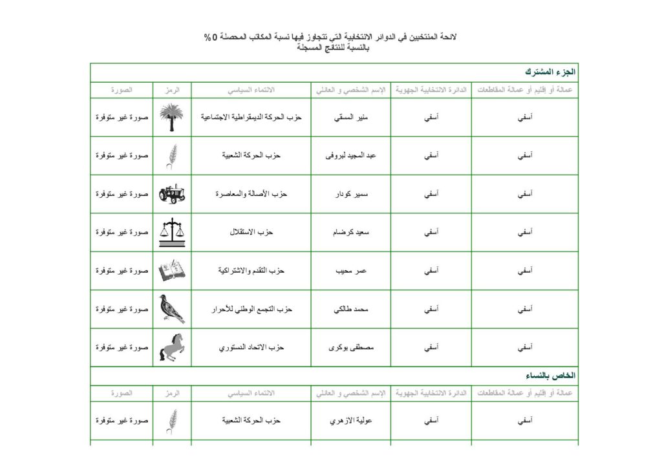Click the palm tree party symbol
(x=171, y=117)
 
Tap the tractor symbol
(x=171, y=193)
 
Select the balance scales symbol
(x=171, y=232)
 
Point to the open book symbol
(x=171, y=270)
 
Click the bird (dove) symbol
(x=171, y=309)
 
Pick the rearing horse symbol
(x=171, y=347)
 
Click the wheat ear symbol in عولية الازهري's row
(x=172, y=420)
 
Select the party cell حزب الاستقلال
(x=251, y=232)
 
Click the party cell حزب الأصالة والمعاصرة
(x=251, y=194)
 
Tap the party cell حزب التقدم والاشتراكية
(x=251, y=270)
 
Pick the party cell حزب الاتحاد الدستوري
(x=251, y=347)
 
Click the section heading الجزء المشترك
(x=551, y=71)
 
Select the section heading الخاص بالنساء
(x=552, y=375)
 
